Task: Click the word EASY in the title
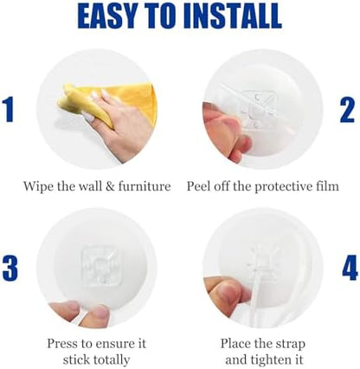(106, 16)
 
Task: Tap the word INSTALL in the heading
(235, 16)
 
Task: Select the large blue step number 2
(348, 110)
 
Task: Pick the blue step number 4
(350, 268)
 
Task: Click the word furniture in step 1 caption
(145, 186)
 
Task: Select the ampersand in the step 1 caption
(111, 186)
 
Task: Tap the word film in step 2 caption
(329, 186)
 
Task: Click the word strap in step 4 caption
(290, 344)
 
